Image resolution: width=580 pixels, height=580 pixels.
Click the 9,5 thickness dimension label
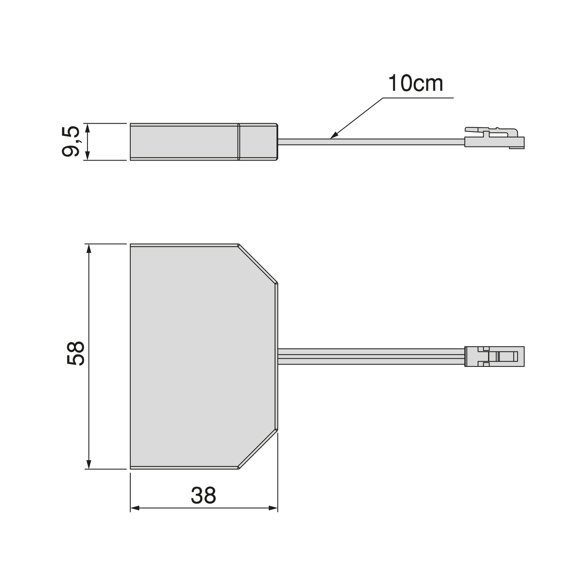[71, 141]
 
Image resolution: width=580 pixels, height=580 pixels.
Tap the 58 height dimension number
[76, 353]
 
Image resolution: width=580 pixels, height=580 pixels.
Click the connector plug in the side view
[494, 138]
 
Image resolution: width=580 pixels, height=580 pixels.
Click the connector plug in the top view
[494, 356]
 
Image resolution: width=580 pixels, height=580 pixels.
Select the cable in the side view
[371, 142]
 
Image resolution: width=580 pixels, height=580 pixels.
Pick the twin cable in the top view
[371, 356]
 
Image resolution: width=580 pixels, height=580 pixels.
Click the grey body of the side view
[204, 142]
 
